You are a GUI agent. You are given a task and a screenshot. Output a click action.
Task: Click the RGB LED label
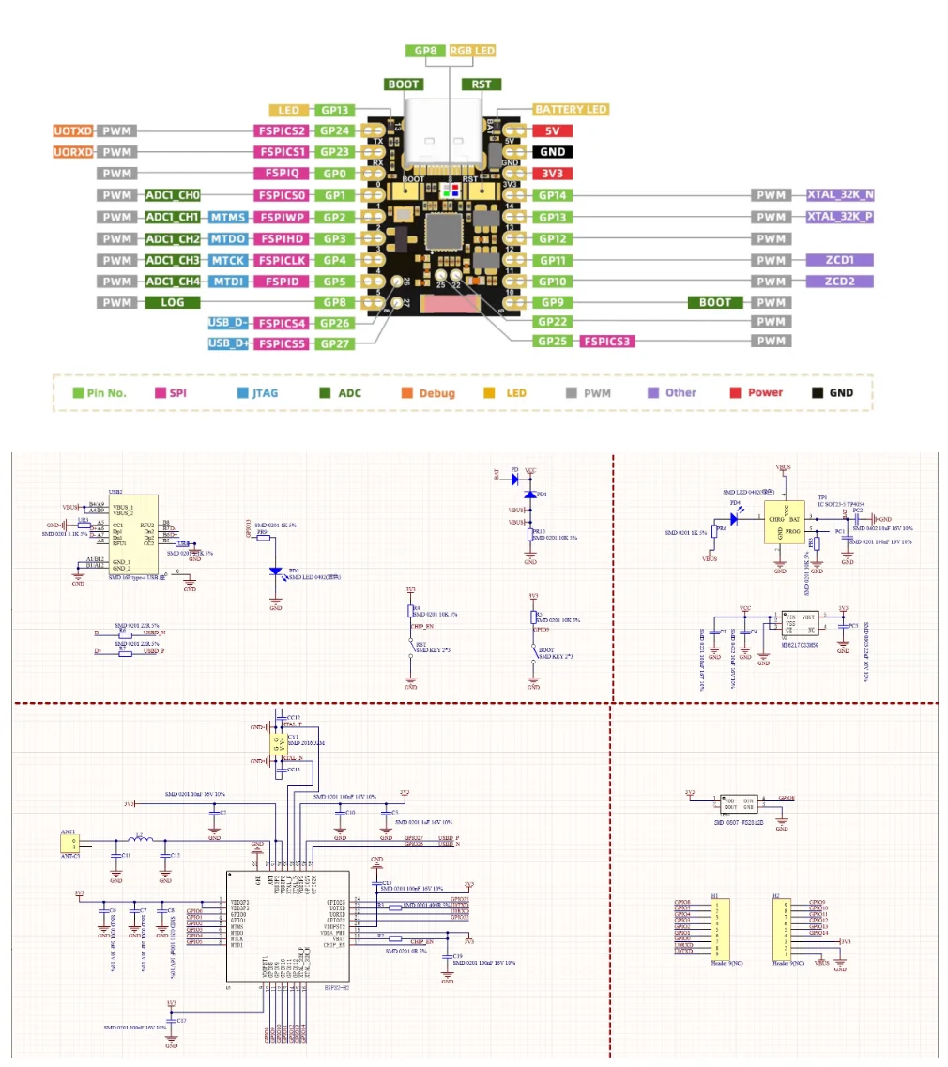471,51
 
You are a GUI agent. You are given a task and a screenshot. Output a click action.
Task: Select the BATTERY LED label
571,110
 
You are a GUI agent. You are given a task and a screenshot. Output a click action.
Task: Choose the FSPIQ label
281,174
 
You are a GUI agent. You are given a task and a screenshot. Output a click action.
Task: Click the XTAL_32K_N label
840,195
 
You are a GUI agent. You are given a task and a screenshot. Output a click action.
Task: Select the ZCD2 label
839,282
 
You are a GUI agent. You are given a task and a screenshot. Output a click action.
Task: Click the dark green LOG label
172,302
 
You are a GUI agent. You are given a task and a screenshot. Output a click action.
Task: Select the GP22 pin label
555,322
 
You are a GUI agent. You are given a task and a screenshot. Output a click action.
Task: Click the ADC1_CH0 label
173,195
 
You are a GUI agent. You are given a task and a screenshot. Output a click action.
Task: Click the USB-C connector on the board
443,141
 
